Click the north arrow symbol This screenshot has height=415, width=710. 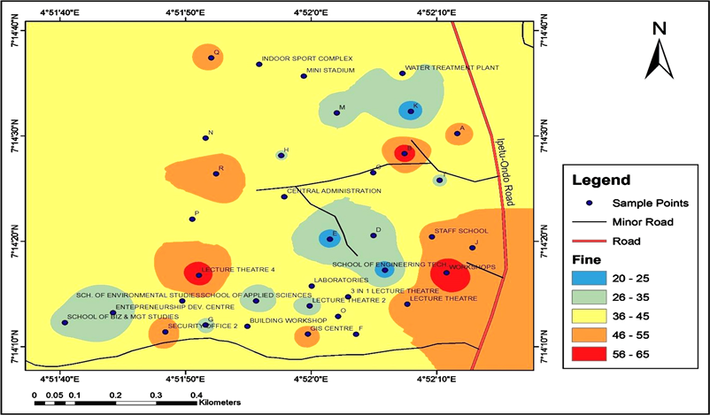658,51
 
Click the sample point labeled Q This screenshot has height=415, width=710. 211,58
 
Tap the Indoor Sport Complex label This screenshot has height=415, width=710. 307,58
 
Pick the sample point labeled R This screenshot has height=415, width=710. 215,173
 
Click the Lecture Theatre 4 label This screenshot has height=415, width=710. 238,269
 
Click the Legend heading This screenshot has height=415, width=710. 601,181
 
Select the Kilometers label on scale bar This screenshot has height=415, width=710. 220,402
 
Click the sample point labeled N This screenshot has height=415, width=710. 205,138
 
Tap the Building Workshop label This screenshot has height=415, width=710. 288,319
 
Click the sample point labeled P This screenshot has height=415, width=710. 192,219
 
